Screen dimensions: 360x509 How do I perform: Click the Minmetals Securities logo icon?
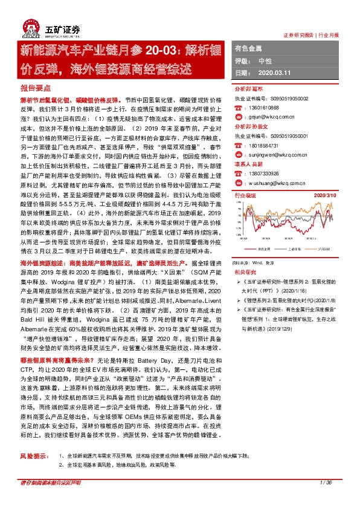[29, 27]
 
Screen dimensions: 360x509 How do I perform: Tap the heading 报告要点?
[34, 88]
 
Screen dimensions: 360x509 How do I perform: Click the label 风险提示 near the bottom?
[33, 455]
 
